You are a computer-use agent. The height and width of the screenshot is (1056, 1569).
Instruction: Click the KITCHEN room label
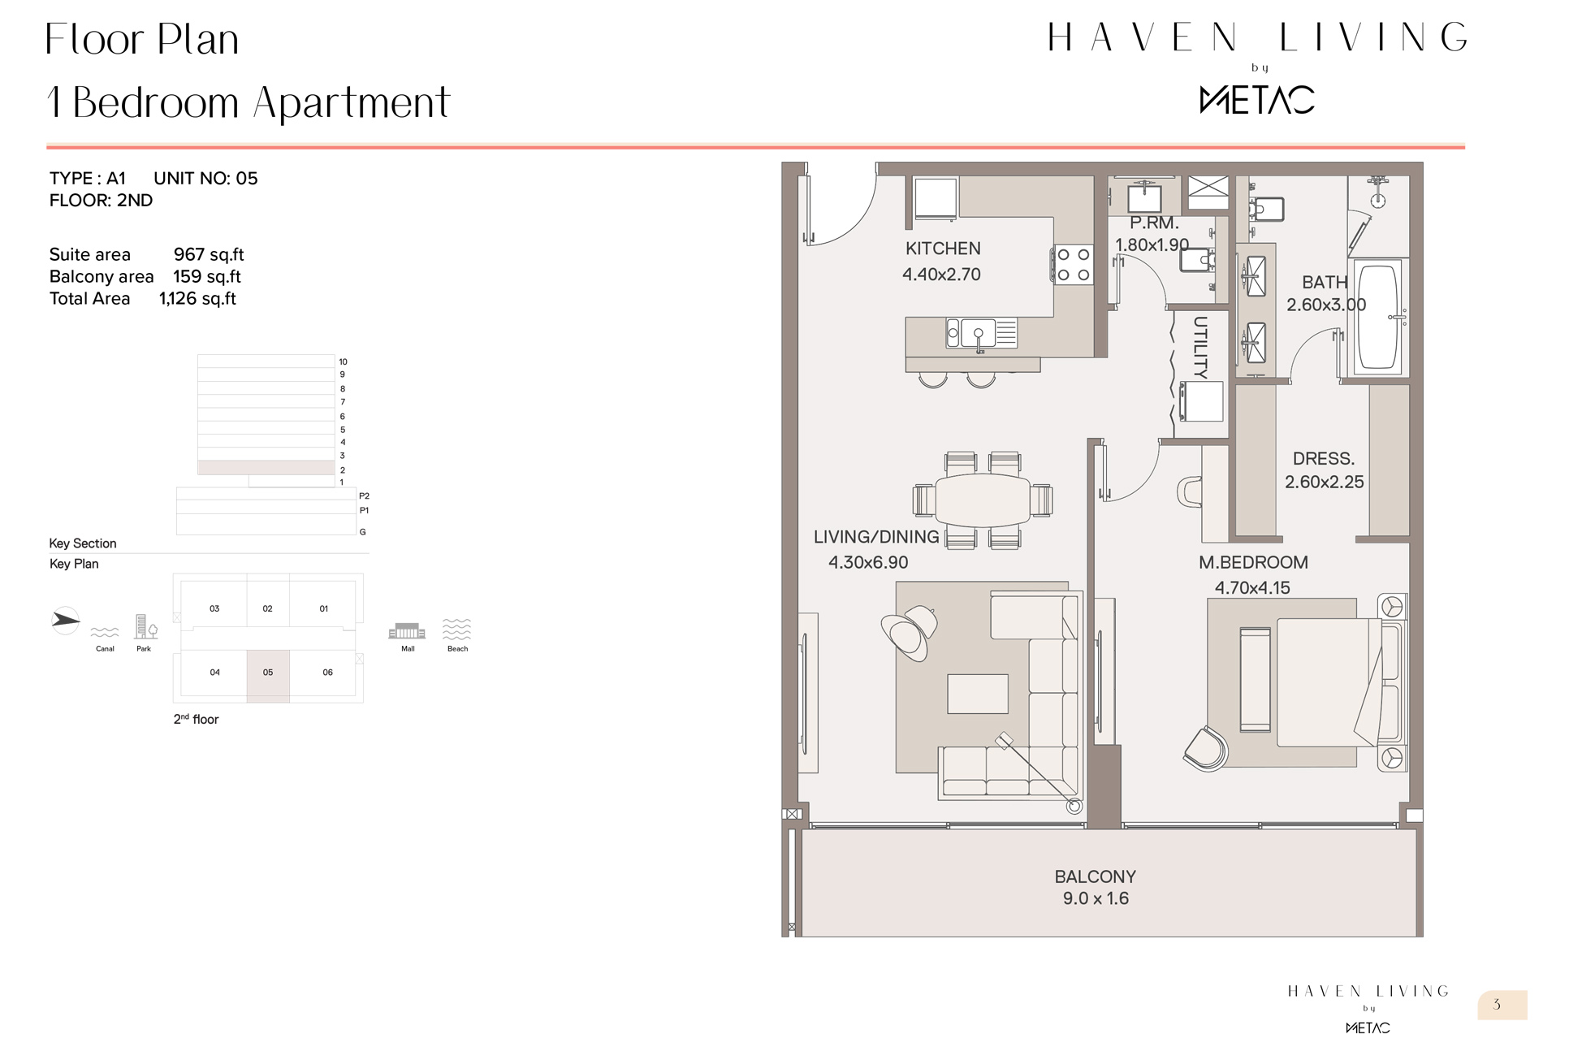point(942,249)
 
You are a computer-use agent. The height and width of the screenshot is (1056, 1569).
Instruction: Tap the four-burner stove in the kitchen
point(1073,265)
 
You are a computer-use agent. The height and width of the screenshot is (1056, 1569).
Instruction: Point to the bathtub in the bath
point(1378,316)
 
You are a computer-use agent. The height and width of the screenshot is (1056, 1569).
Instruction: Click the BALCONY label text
point(1095,877)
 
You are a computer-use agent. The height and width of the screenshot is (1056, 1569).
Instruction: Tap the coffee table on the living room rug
point(977,695)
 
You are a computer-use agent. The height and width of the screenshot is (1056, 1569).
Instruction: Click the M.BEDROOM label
point(1253,562)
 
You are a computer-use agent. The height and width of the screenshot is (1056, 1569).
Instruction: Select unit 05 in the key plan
point(268,673)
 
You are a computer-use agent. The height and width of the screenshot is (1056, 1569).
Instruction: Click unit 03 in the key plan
point(214,608)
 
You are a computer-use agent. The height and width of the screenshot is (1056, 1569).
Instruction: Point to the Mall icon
point(408,632)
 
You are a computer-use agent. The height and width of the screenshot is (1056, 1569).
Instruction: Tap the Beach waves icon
point(457,629)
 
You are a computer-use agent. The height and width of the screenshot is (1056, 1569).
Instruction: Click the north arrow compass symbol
point(65,621)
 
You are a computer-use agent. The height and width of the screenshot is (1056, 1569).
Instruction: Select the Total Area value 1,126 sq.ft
point(197,299)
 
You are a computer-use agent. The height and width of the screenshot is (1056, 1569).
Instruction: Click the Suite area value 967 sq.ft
point(209,255)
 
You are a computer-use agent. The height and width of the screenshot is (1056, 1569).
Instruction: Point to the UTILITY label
point(1200,348)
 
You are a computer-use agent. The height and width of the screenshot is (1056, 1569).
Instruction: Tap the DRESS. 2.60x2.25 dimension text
point(1324,482)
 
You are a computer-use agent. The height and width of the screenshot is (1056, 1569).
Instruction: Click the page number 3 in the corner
point(1497,1005)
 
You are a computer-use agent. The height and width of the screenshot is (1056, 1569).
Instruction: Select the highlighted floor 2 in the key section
point(266,469)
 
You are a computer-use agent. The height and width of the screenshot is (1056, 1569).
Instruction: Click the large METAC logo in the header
point(1256,100)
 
